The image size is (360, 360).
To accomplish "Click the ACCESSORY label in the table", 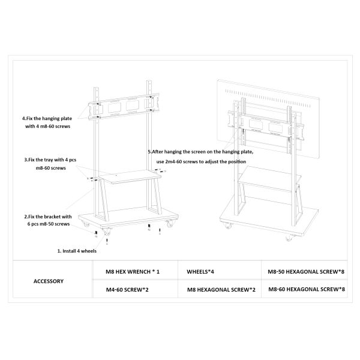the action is pyautogui.click(x=49, y=281).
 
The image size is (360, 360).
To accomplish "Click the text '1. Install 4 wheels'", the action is pyautogui.click(x=77, y=251).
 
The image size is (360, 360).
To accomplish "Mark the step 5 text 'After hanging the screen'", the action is pyautogui.click(x=178, y=152).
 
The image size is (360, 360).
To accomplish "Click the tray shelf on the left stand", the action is pyautogui.click(x=130, y=176).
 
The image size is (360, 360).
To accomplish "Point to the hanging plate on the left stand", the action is pyautogui.click(x=124, y=106).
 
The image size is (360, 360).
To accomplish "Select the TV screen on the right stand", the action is pyautogui.click(x=268, y=119).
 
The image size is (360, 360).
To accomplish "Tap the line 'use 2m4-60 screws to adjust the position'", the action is pyautogui.click(x=201, y=161).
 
